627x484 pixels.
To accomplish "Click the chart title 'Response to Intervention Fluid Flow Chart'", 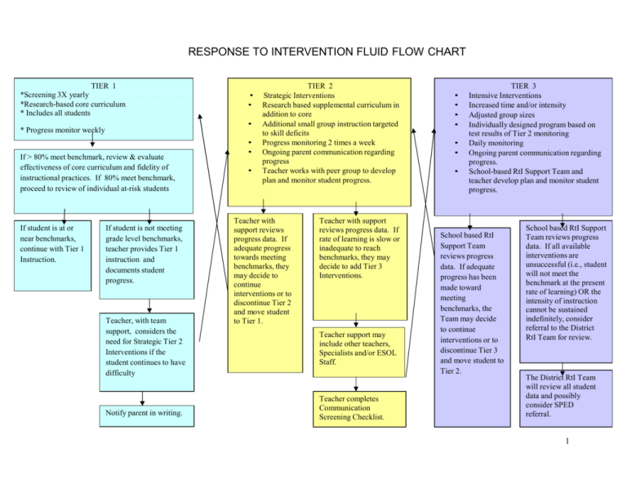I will [313, 51].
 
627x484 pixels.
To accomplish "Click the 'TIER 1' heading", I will [103, 85].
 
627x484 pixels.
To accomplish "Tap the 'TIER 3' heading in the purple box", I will [523, 85].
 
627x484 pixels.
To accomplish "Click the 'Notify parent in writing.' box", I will [143, 413].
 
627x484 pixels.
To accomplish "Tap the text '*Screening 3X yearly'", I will [54, 95].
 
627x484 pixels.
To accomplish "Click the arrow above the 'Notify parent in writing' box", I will [142, 398].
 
